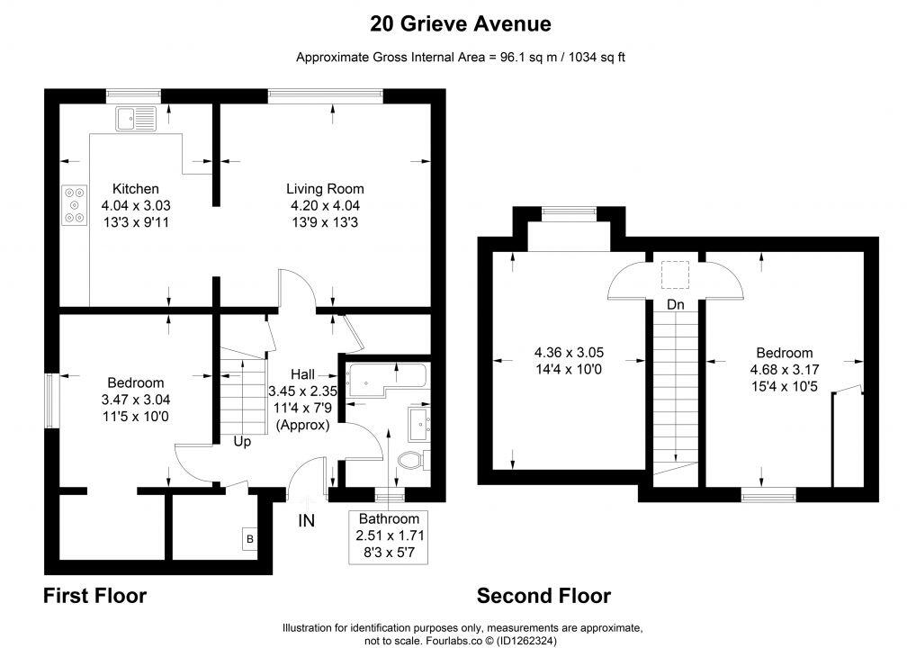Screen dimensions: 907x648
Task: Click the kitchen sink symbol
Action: (136, 119)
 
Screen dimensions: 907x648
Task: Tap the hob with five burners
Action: (75, 205)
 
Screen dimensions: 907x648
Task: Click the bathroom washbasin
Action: (418, 420)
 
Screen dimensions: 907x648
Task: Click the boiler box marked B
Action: (250, 538)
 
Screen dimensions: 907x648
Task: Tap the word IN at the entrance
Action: (307, 521)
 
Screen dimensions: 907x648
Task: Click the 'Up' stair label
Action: (242, 442)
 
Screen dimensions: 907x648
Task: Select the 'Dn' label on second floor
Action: (675, 304)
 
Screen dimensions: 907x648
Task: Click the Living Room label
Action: (325, 189)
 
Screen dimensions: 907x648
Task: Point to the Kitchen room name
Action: (135, 189)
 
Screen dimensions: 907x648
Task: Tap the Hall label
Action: (302, 374)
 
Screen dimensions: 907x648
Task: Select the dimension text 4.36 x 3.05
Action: (569, 353)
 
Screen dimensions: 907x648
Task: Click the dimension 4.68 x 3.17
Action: (785, 369)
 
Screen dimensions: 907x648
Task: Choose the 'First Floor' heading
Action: (94, 596)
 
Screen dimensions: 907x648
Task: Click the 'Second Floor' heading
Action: (543, 596)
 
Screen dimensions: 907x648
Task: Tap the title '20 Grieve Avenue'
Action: (461, 23)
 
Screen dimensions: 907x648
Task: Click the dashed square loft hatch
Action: (675, 274)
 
